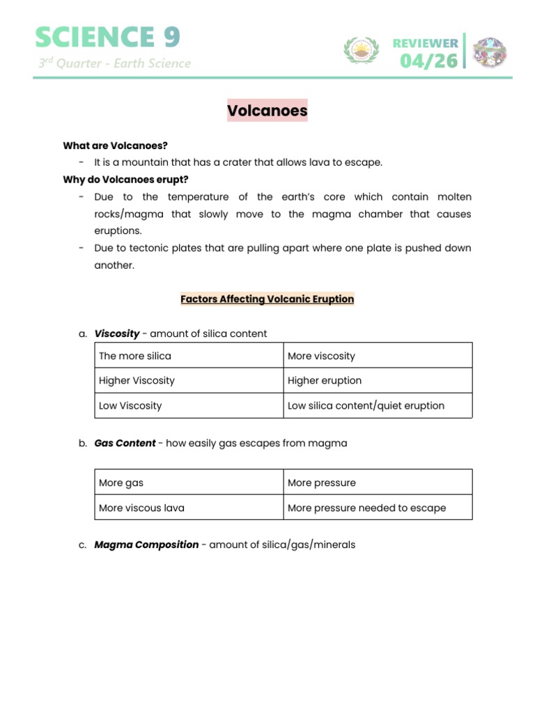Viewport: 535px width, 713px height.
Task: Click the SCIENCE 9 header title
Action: coord(108,37)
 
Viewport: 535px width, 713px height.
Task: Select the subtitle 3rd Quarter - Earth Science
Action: coord(114,63)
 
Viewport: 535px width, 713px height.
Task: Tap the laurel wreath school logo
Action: coord(361,50)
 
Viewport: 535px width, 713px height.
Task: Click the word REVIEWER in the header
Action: coord(425,43)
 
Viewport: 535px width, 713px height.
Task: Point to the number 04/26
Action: coord(428,61)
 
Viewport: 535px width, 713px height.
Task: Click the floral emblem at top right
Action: coord(490,52)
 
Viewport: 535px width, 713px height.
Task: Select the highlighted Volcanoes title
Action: coord(267,111)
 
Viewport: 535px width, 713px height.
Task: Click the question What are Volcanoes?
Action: coord(115,146)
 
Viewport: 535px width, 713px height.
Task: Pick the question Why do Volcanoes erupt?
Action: coord(125,180)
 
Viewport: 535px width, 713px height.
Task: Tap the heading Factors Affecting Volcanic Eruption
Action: coord(267,299)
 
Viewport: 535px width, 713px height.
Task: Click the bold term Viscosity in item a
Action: coord(117,334)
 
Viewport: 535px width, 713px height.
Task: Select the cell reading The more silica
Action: coord(135,356)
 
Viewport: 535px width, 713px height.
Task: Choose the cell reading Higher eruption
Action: coord(325,381)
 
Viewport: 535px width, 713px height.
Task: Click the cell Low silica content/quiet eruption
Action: coord(366,406)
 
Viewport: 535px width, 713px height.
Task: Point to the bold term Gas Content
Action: coord(125,443)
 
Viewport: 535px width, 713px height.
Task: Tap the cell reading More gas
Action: coord(121,483)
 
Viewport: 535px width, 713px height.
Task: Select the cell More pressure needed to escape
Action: coord(366,508)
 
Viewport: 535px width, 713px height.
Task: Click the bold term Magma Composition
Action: coord(146,544)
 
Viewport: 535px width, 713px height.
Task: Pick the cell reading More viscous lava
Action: coord(141,508)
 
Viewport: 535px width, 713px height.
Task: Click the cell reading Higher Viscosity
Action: coord(137,381)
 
